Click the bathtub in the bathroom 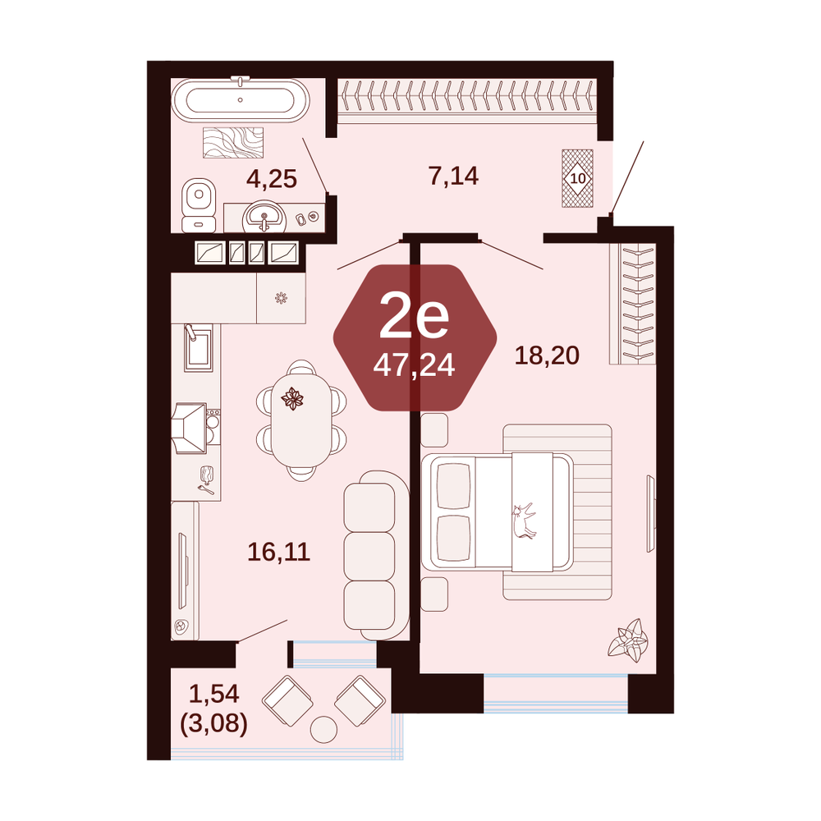241,100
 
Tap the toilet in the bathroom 199,206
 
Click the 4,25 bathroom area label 272,179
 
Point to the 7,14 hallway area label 453,176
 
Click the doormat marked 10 577,178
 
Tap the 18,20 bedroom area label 547,355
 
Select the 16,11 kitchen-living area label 279,552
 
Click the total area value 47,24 414,365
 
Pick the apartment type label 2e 414,315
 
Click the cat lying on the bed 524,521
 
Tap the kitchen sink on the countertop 199,347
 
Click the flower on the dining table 292,400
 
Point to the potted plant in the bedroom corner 628,640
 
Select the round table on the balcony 323,729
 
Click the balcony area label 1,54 214,695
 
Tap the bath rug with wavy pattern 233,142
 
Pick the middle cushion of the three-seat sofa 369,556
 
